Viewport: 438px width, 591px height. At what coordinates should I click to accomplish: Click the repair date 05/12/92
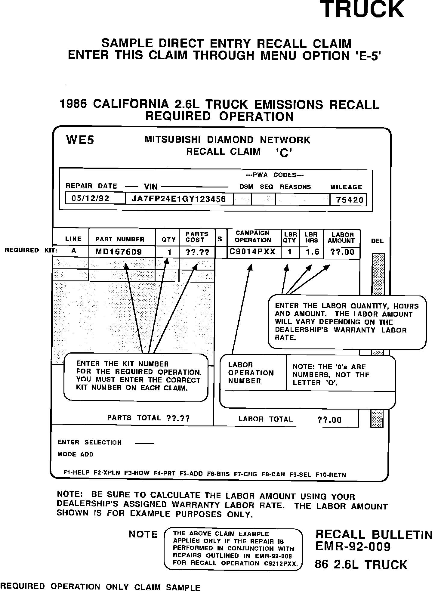(x=91, y=199)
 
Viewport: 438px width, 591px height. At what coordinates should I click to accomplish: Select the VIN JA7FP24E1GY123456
(x=179, y=199)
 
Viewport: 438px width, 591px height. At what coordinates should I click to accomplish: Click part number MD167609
(x=119, y=252)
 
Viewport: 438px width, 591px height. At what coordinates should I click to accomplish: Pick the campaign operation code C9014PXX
(x=253, y=252)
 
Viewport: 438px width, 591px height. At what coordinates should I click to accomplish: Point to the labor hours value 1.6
(x=312, y=252)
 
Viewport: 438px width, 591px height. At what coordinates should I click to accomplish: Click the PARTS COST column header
(x=197, y=237)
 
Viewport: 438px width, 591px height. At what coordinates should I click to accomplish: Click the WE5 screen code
(x=80, y=140)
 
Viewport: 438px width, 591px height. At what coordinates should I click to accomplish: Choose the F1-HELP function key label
(x=77, y=472)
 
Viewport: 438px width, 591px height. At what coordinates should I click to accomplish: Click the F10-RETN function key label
(x=331, y=475)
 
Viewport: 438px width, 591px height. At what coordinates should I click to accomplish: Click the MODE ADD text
(x=76, y=454)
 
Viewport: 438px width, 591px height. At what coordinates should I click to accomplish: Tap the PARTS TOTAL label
(x=134, y=418)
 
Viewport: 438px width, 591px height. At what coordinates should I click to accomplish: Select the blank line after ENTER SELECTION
(x=144, y=443)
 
